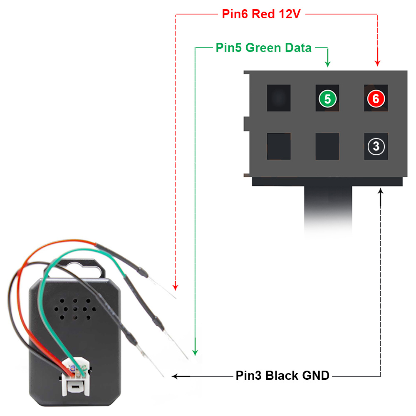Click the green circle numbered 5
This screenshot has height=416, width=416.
point(327,99)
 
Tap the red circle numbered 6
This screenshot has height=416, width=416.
point(376,99)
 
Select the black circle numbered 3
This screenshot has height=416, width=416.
point(376,146)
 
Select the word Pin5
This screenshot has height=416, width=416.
point(229,48)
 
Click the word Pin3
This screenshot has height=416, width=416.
point(249,376)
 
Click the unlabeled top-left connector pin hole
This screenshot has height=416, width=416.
point(279,98)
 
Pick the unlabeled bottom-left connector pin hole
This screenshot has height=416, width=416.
point(279,146)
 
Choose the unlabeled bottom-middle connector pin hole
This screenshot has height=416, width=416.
point(327,146)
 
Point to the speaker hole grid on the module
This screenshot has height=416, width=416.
point(75,309)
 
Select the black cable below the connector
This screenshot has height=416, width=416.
point(328,208)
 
